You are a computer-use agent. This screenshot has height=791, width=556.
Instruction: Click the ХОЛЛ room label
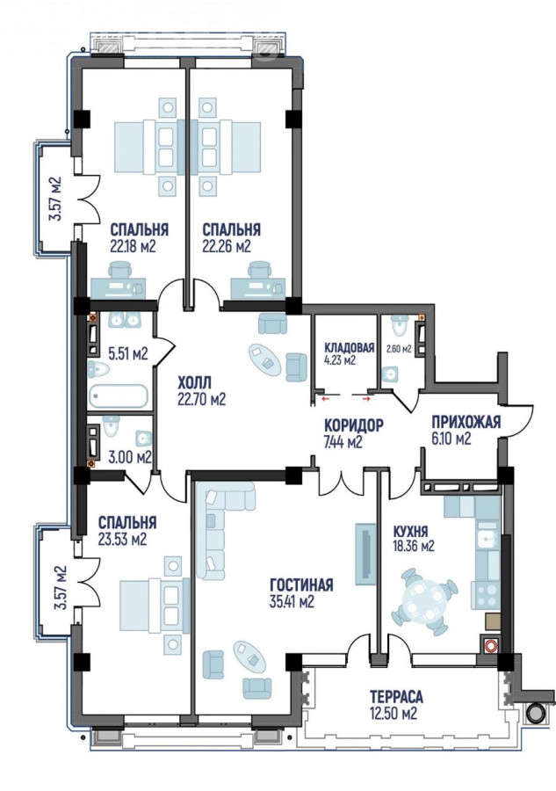coord(194,382)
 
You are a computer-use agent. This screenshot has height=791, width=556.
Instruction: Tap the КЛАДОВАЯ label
coord(349,347)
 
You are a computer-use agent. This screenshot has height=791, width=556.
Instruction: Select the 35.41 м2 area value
coord(292,601)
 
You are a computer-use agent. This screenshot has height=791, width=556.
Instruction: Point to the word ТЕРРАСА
coord(396,698)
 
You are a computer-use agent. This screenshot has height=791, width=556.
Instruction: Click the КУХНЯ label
coord(411,531)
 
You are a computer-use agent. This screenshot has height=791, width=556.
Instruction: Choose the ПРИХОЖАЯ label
coord(466,422)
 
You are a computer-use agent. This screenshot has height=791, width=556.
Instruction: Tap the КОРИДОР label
coord(353,425)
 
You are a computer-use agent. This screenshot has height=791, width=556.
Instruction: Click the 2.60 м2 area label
coord(399,349)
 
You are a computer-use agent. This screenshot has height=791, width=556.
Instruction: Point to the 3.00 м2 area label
coord(129,458)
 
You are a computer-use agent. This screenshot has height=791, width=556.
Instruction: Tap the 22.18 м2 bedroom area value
coord(132,247)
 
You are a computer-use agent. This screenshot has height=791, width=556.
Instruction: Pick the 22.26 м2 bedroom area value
coord(226,247)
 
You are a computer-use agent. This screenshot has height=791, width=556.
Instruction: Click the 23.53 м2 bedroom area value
coord(122,539)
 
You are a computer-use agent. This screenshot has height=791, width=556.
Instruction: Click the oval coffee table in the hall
coord(264,359)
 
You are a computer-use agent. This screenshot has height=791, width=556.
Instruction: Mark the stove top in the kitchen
coord(485,595)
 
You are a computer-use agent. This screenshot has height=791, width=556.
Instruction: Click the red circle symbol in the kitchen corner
coord(490,645)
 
